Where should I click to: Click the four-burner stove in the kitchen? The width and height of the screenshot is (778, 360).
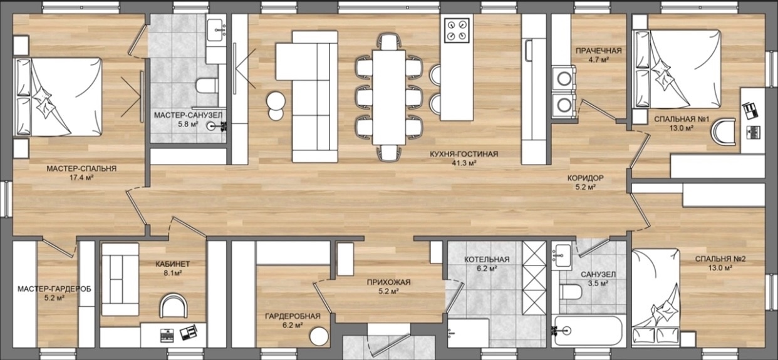(457, 31)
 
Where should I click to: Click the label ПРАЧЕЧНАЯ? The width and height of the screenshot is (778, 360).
(599, 51)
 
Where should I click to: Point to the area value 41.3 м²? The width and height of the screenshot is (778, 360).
(464, 162)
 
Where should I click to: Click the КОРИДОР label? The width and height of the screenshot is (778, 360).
(586, 178)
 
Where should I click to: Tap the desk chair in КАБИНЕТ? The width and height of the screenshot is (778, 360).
(174, 306)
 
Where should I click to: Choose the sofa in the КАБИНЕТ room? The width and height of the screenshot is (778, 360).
(120, 279)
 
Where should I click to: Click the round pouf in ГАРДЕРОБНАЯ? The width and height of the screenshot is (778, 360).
(319, 336)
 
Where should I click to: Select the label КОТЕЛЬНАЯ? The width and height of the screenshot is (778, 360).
(487, 259)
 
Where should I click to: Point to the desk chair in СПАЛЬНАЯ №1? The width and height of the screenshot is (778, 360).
(725, 132)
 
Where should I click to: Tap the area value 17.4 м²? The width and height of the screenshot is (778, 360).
(81, 178)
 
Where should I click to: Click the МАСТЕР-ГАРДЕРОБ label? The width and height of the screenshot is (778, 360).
(54, 289)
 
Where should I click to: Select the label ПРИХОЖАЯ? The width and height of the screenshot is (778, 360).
(388, 282)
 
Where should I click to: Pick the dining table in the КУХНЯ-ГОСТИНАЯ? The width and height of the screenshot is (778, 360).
(389, 97)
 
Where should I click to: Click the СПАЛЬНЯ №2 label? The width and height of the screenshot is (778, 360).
(720, 259)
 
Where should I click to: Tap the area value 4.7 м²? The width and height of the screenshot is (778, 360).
(599, 59)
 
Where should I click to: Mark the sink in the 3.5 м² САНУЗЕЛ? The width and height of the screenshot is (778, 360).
(562, 255)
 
